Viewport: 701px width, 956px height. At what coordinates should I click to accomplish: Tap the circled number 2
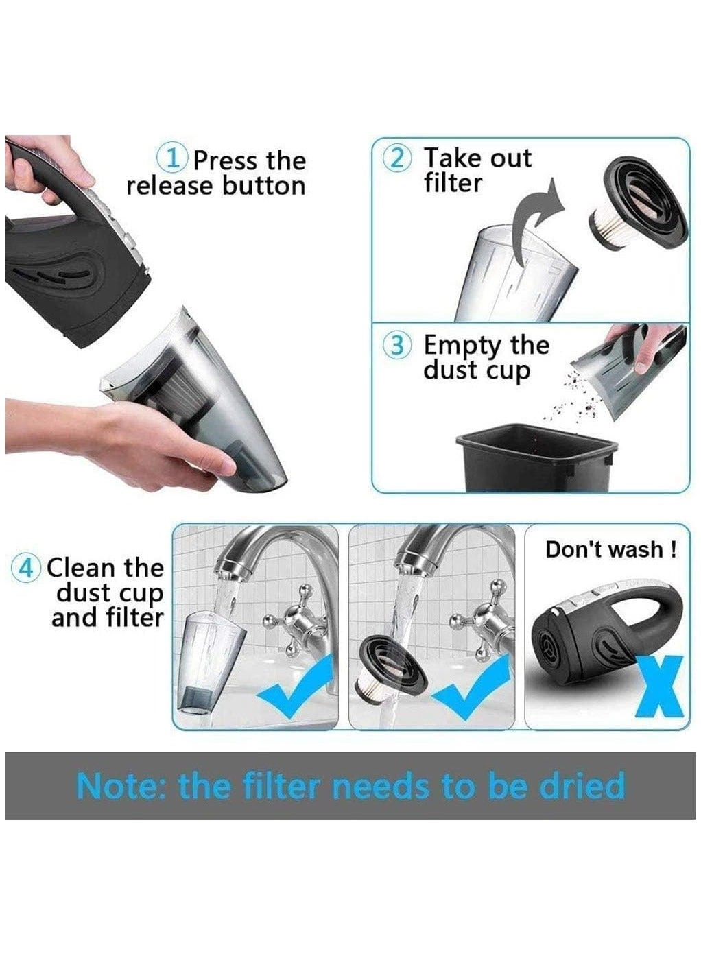[399, 158]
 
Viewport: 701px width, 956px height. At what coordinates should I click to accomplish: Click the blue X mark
[662, 686]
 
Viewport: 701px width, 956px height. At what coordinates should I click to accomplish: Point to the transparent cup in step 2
[508, 274]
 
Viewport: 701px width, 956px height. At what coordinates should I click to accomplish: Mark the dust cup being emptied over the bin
[628, 374]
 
